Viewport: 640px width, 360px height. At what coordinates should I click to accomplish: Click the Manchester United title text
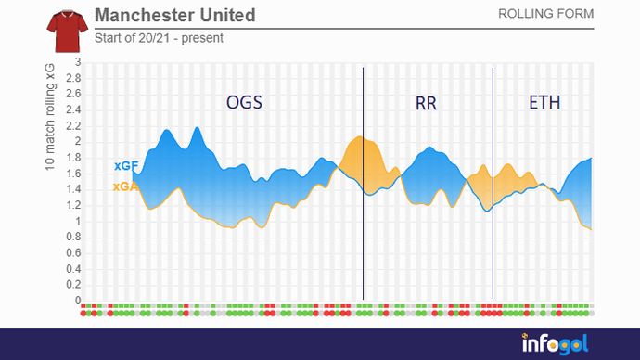(x=175, y=16)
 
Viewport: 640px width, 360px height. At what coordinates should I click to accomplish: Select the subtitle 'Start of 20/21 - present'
(x=159, y=38)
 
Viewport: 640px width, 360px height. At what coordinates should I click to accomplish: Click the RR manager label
(x=426, y=103)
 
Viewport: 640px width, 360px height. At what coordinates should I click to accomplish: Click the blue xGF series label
(x=126, y=165)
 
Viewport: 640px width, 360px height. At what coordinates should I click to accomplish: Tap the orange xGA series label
(x=126, y=186)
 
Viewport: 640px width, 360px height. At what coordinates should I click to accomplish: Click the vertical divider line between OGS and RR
(x=363, y=232)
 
